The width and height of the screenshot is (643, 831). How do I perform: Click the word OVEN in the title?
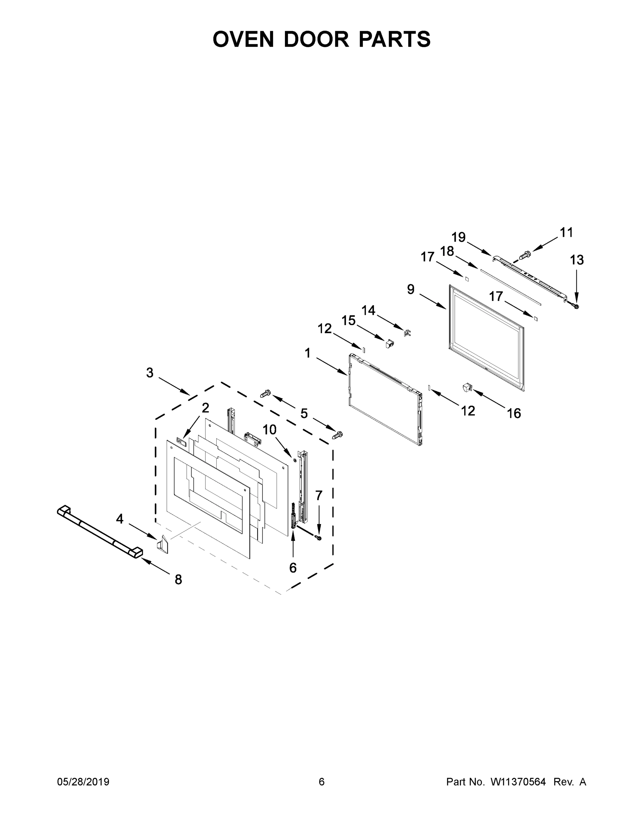coord(243,39)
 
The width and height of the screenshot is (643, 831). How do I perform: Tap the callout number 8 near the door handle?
coord(178,580)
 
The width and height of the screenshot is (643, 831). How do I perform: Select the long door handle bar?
coord(100,532)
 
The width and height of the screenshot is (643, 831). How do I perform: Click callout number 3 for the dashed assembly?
coord(150,373)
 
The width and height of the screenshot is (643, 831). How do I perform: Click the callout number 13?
coord(577,260)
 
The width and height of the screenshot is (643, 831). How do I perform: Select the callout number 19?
coord(459,237)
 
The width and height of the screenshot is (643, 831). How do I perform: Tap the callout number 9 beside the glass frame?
coord(411,289)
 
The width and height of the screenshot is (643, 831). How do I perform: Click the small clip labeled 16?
coord(467,388)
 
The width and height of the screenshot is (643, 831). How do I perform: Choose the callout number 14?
coord(368,310)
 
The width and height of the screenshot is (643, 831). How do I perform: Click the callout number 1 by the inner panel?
coord(308,353)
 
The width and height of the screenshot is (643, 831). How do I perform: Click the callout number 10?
coord(269,430)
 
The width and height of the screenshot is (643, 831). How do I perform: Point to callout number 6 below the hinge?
coord(293,568)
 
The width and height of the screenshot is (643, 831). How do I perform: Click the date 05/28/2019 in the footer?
coord(83,782)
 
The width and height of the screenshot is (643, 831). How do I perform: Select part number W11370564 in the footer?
coord(518,782)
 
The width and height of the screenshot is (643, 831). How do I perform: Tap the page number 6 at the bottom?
coord(322,782)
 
